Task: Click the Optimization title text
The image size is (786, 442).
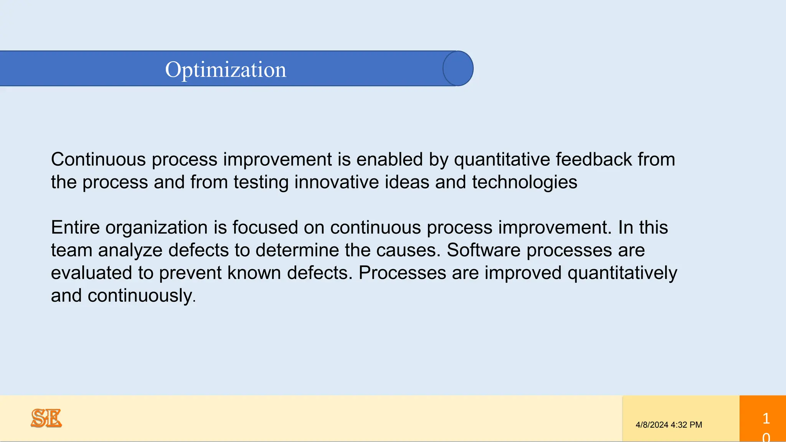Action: tap(226, 69)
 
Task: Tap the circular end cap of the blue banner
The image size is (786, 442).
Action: tap(458, 68)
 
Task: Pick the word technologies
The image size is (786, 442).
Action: tap(524, 182)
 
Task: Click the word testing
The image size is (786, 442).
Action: tap(261, 182)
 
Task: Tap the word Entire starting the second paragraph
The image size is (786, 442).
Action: tap(75, 228)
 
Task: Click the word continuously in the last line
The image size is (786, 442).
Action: tap(142, 296)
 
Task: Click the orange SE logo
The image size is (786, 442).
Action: tap(46, 418)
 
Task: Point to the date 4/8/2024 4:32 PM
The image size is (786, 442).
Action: tap(669, 425)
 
